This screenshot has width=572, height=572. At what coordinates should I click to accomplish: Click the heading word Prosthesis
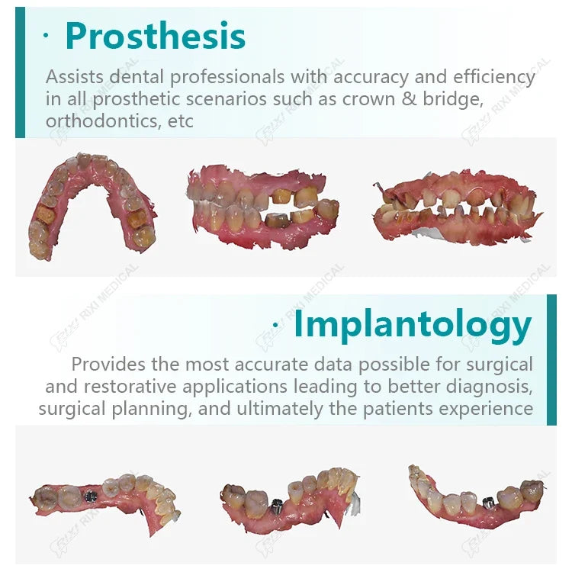pyautogui.click(x=155, y=36)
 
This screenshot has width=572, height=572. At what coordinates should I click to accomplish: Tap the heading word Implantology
pyautogui.click(x=413, y=325)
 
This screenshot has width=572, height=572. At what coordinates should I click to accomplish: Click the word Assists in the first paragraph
pyautogui.click(x=75, y=76)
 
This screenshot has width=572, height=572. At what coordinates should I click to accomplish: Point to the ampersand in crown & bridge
pyautogui.click(x=409, y=99)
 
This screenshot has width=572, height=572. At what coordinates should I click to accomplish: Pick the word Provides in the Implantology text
pyautogui.click(x=108, y=364)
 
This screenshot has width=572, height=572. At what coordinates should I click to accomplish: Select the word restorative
pyautogui.click(x=130, y=387)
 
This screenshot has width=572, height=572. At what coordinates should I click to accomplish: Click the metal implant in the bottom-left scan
pyautogui.click(x=91, y=496)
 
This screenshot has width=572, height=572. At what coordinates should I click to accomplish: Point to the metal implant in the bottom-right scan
pyautogui.click(x=488, y=503)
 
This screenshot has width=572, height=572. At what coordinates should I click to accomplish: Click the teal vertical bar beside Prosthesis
pyautogui.click(x=20, y=72)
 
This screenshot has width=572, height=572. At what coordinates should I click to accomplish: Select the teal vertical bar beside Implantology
pyautogui.click(x=551, y=360)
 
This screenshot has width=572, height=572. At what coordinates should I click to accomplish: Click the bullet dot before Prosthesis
pyautogui.click(x=46, y=35)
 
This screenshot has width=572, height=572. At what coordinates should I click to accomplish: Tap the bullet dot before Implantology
pyautogui.click(x=276, y=324)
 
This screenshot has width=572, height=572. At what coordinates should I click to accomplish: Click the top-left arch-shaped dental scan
pyautogui.click(x=93, y=206)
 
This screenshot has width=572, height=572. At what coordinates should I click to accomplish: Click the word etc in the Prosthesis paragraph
pyautogui.click(x=180, y=121)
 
